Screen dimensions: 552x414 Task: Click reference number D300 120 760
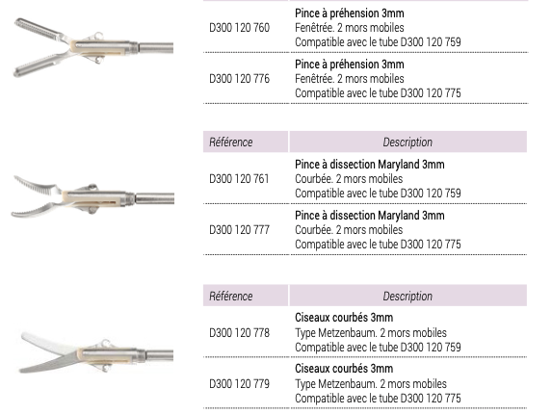click(239, 27)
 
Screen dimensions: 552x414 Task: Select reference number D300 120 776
click(239, 78)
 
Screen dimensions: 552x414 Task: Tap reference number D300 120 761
click(239, 179)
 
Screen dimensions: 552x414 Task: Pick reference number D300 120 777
click(239, 230)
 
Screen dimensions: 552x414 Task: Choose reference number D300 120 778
click(239, 333)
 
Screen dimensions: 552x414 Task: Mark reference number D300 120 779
click(239, 384)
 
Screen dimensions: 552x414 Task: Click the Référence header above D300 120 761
click(231, 142)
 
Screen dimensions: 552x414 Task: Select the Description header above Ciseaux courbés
click(407, 297)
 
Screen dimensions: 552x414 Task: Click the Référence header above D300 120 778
click(231, 297)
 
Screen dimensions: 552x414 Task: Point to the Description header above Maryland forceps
click(407, 142)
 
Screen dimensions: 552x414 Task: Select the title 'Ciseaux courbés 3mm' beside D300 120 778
click(344, 318)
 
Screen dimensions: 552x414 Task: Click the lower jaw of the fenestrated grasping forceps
click(39, 65)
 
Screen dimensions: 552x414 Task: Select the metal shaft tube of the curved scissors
click(159, 355)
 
